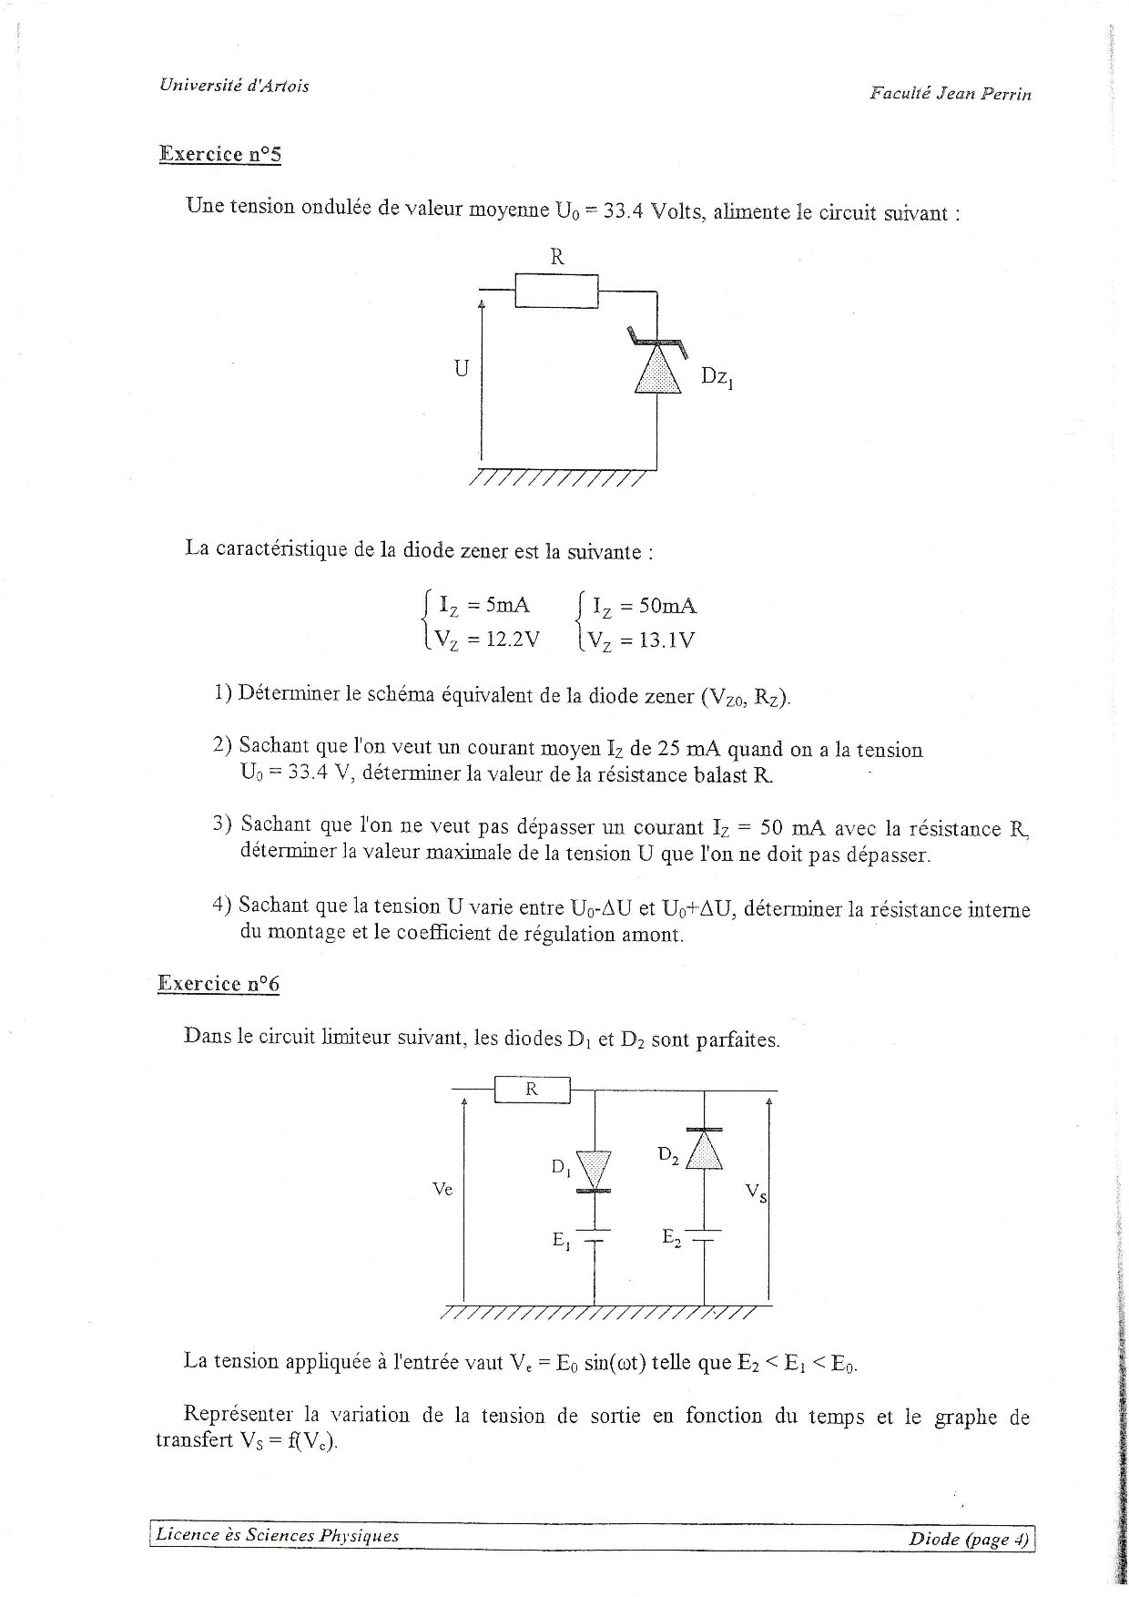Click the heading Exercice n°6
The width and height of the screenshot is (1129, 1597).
(219, 983)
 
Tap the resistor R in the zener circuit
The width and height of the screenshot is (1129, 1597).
(556, 291)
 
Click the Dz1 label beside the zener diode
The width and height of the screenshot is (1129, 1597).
(717, 377)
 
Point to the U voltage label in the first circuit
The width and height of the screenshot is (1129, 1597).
(462, 369)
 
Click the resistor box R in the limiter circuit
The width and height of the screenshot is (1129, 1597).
(532, 1089)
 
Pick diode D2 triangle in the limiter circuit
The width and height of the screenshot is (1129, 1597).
(705, 1151)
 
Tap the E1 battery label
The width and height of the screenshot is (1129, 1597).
(561, 1240)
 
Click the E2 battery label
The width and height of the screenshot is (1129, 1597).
(671, 1238)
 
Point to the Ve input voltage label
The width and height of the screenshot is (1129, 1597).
(442, 1189)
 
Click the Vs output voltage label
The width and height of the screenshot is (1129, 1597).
(755, 1193)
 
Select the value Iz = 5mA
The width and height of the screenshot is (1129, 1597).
(483, 605)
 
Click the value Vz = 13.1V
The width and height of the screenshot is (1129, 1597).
(641, 640)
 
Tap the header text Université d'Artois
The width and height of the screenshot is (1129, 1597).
(234, 86)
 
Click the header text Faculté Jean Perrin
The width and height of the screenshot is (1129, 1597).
(950, 93)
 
